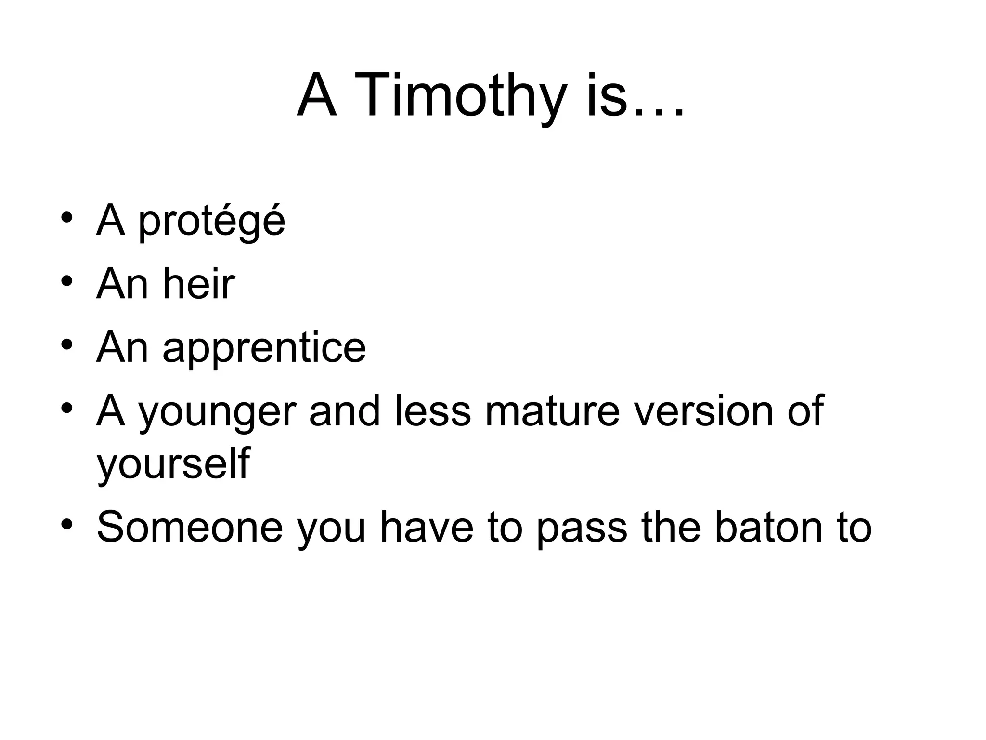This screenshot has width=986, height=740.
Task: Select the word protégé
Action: (212, 222)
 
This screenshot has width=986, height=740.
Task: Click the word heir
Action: (199, 284)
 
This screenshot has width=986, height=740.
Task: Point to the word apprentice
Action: (264, 348)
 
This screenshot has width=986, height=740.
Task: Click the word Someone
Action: (190, 527)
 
